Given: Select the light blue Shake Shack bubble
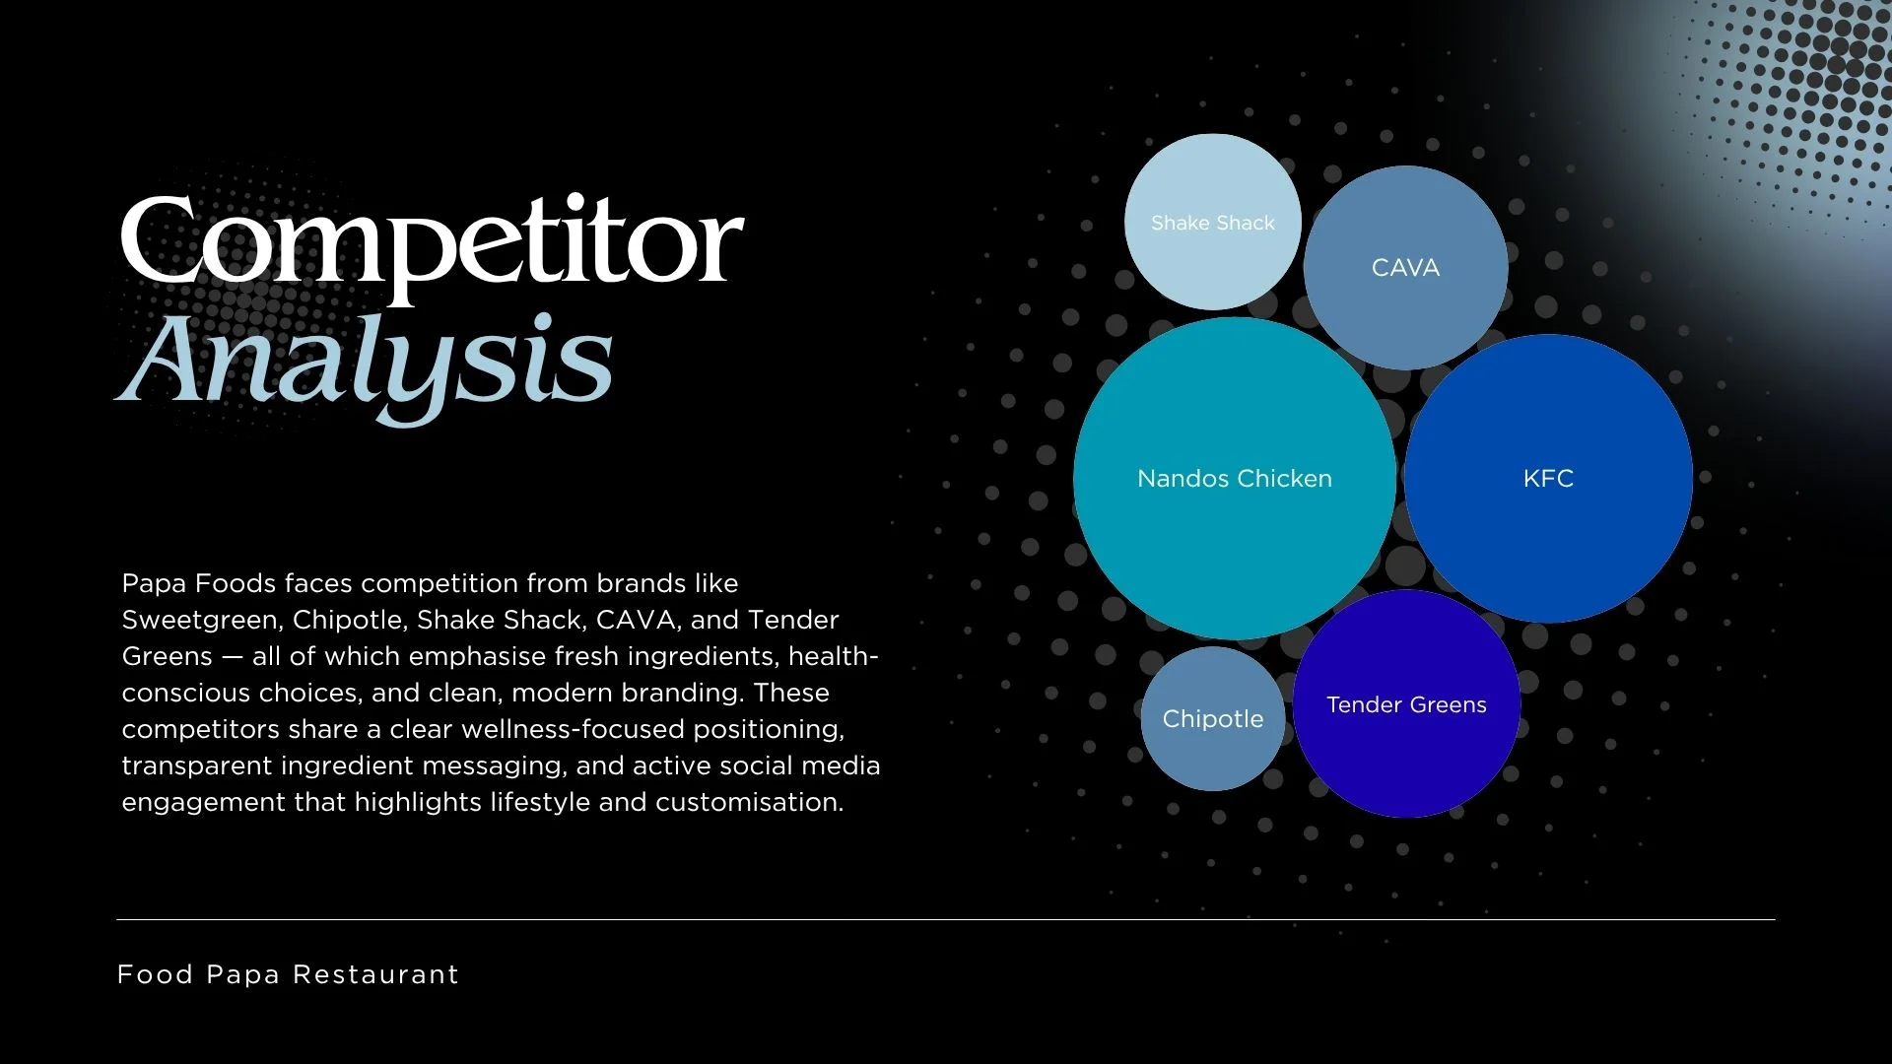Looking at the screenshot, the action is pos(1213,222).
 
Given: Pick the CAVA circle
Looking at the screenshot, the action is pos(1405,268).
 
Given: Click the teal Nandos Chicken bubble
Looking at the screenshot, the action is pos(1235,479).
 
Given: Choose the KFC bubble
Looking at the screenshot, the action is pos(1548,479).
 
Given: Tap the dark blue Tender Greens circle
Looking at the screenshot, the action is pos(1406,703).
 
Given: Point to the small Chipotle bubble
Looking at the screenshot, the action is pos(1213,719).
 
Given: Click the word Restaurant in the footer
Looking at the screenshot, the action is pos(376,974).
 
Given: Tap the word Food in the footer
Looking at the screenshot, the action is pos(155,974).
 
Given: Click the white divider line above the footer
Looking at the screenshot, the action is pos(946,919).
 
